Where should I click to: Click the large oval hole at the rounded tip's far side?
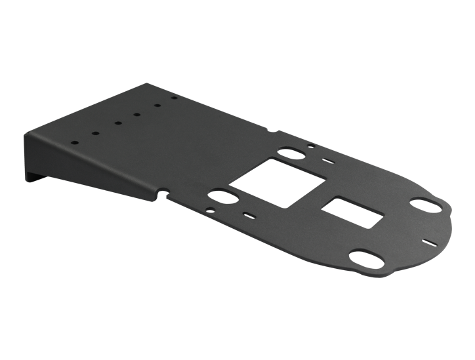coord(426,205)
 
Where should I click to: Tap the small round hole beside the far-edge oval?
coord(310,148)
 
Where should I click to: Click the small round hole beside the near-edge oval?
coord(209,211)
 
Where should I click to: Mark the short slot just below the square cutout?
coord(247,214)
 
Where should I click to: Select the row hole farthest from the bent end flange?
coord(175,98)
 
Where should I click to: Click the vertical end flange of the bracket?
coord(31,157)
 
